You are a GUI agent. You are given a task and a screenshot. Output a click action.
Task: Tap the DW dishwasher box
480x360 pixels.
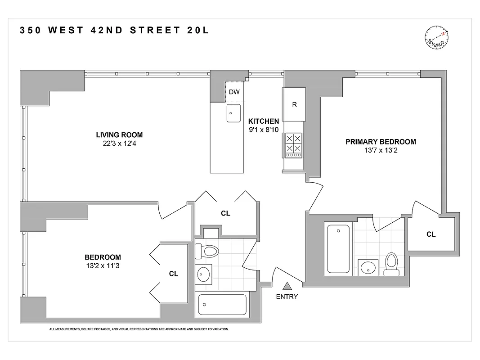[234, 92]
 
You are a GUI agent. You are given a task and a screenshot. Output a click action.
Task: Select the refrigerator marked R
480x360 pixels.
[294, 104]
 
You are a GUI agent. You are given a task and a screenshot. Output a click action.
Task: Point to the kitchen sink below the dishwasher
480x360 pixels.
[233, 113]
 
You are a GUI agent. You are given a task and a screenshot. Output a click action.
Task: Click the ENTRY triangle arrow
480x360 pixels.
[287, 285]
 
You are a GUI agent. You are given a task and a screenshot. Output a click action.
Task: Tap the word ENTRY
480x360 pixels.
[287, 297]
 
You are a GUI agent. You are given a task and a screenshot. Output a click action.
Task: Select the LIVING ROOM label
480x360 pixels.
[119, 135]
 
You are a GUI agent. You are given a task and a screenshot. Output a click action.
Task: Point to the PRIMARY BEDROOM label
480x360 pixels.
[381, 142]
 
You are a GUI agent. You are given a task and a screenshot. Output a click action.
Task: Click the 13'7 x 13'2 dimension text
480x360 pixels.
[381, 150]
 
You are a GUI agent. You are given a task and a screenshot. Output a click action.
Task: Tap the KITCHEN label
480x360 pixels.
[264, 121]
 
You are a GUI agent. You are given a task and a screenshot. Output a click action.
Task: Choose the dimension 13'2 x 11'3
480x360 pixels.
[103, 265]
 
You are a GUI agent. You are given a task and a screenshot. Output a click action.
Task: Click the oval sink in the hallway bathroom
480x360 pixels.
[205, 273]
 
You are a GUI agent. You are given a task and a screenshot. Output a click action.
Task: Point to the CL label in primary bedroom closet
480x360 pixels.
[431, 234]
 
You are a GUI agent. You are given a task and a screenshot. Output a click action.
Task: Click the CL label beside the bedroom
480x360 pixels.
[174, 274]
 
